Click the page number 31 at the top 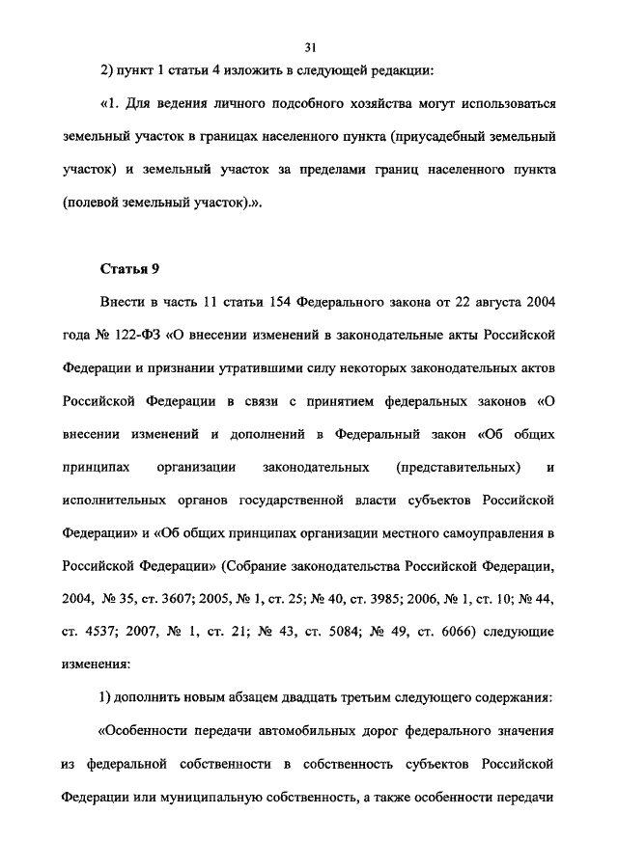coord(309,45)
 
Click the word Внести coord(123,303)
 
